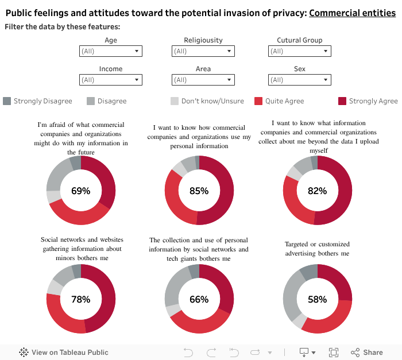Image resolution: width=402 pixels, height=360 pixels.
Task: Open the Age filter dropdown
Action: pyautogui.click(x=110, y=51)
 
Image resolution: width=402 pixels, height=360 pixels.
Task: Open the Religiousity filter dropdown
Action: pyautogui.click(x=203, y=51)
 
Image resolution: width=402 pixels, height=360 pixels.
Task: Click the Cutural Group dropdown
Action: pyautogui.click(x=299, y=51)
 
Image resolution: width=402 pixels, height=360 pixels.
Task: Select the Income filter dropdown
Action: pyautogui.click(x=110, y=80)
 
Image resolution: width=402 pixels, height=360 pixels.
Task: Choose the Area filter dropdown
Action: pyautogui.click(x=203, y=80)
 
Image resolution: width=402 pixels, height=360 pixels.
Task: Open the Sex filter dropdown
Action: pyautogui.click(x=299, y=80)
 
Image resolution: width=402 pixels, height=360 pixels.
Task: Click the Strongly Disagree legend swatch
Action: pyautogui.click(x=7, y=101)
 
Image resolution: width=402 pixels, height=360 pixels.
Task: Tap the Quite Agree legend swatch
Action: pyautogui.click(x=258, y=101)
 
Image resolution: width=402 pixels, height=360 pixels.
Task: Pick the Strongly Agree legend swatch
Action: pyautogui.click(x=342, y=101)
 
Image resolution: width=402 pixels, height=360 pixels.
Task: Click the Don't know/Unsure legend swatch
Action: pyautogui.click(x=175, y=101)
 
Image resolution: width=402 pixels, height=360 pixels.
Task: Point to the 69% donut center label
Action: pyautogui.click(x=80, y=191)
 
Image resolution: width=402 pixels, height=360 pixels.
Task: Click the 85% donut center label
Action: pyautogui.click(x=199, y=191)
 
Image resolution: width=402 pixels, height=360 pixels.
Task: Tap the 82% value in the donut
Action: pyautogui.click(x=317, y=191)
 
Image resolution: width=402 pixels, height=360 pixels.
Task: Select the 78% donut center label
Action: pyautogui.click(x=80, y=299)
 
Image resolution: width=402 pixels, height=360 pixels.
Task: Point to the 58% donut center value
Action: pyautogui.click(x=317, y=299)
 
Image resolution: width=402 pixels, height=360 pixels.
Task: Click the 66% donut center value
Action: pyautogui.click(x=199, y=299)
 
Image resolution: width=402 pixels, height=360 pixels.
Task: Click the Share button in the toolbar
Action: pyautogui.click(x=366, y=352)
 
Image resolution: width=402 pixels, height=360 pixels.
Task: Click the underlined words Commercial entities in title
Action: pyautogui.click(x=352, y=13)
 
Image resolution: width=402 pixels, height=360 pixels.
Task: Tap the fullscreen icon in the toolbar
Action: pyautogui.click(x=333, y=352)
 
